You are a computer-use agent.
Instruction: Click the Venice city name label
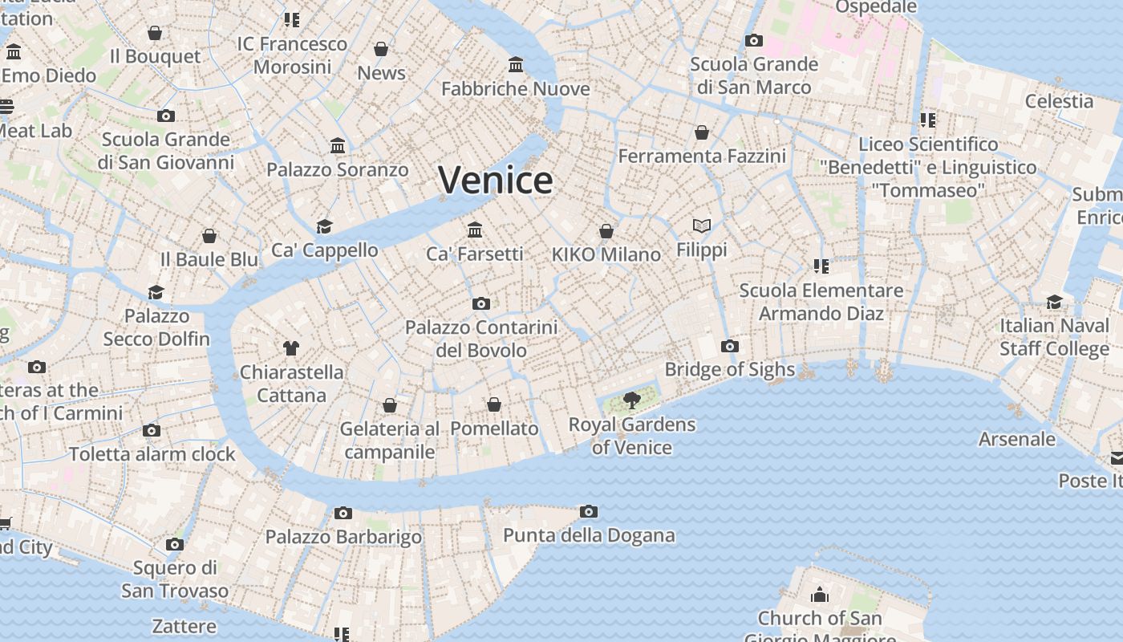point(496,180)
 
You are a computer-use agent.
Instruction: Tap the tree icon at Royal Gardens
point(632,400)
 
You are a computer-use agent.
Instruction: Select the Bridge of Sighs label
point(729,369)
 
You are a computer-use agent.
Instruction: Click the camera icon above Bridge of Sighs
point(729,346)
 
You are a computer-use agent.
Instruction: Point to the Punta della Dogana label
point(589,535)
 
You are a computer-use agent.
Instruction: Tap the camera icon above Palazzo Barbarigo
point(343,513)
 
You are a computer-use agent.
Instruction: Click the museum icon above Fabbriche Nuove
point(516,64)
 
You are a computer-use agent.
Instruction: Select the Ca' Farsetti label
point(474,254)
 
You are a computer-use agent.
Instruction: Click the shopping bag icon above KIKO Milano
point(606,231)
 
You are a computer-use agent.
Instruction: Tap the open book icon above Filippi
point(702,226)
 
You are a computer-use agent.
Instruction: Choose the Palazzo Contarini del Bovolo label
point(481,339)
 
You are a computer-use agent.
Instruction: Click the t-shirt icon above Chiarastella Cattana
point(291,348)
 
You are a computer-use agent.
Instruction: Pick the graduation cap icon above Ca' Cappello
point(324,226)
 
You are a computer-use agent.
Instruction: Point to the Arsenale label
point(1017,439)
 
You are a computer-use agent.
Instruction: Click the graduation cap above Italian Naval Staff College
point(1054,302)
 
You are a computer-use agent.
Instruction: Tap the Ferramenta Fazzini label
point(702,156)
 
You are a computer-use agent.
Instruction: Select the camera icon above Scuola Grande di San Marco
point(753,40)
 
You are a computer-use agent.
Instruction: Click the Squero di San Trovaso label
point(175,579)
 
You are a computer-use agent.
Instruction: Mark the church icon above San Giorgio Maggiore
point(819,595)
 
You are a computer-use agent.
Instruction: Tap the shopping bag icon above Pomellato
point(494,404)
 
